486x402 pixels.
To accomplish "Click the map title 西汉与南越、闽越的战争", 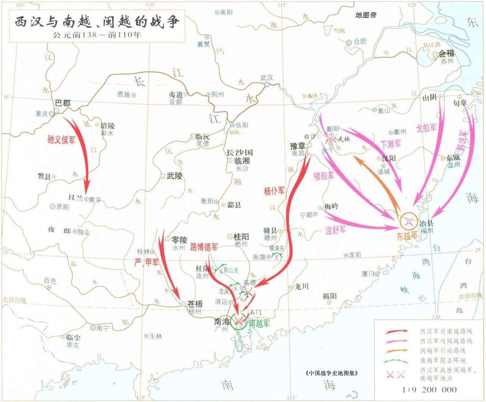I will tap(97, 22).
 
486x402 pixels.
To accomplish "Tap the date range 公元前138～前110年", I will tap(97, 35).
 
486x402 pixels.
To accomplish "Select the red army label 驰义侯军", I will tap(61, 139).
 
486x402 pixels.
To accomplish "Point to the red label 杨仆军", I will tap(274, 190).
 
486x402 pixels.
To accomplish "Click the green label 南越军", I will tap(259, 323).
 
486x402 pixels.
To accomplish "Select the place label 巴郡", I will tap(63, 103).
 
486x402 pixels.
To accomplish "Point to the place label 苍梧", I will tap(195, 304).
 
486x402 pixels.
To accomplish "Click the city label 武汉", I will tap(267, 77).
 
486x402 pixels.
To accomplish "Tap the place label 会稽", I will tap(446, 54).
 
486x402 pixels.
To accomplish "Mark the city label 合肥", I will tap(360, 41).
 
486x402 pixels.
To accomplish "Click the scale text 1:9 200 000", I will tap(430, 390).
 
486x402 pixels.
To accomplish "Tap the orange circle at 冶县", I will tap(409, 221).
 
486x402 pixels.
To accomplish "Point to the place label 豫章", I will tap(299, 146).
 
